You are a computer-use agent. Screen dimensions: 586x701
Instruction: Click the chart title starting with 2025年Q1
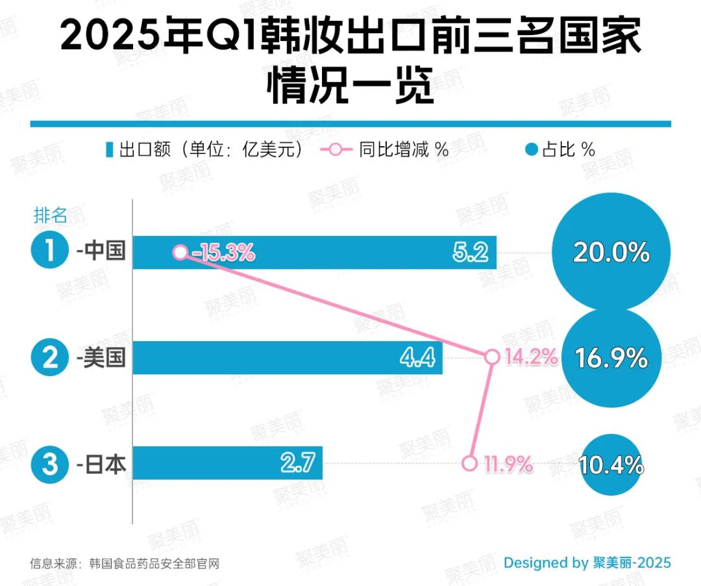click(x=350, y=62)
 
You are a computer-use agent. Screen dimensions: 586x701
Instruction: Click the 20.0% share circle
click(x=610, y=252)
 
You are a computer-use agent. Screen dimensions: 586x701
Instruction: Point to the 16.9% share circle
click(x=610, y=358)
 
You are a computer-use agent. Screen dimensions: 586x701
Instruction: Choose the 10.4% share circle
click(x=610, y=465)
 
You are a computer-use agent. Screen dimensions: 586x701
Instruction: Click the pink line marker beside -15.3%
click(x=180, y=252)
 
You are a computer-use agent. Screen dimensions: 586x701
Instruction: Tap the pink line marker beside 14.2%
click(x=492, y=357)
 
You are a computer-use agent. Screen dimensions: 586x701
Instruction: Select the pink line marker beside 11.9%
click(x=469, y=464)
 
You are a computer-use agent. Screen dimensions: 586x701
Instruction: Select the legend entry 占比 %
click(x=560, y=149)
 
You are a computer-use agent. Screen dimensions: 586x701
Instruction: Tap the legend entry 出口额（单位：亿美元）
click(x=204, y=149)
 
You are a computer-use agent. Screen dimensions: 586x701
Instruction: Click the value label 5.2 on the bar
click(x=471, y=252)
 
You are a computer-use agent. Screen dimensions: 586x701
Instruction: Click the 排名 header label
click(x=50, y=215)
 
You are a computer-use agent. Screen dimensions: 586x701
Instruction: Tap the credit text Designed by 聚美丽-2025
click(x=587, y=563)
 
